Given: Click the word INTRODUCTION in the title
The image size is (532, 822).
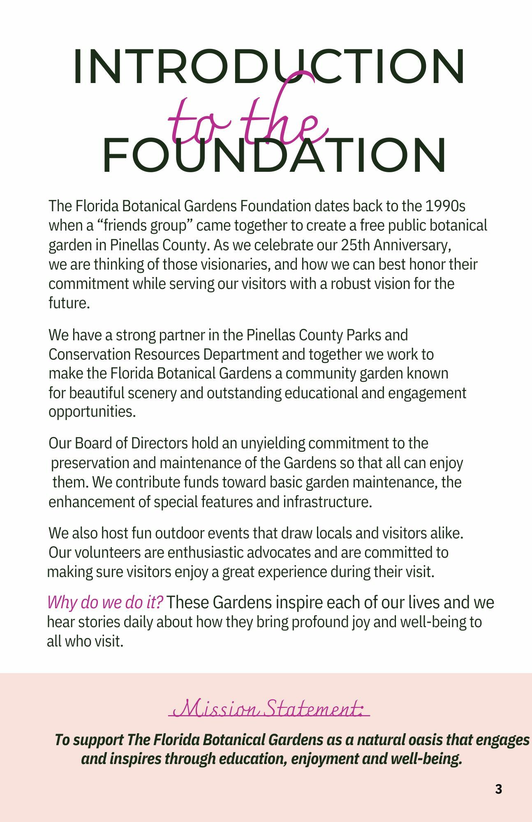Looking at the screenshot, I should coord(269,67).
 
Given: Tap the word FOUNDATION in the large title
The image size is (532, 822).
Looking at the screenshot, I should coord(274,155).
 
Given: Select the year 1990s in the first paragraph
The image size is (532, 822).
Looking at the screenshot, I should coord(445,206).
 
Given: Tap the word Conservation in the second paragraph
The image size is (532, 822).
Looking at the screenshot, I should coord(89,354).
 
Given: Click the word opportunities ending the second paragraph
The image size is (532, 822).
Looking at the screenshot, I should coord(92,412).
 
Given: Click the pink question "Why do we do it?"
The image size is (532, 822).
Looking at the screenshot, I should coord(105,603).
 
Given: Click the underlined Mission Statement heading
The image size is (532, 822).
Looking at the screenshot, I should coord(269,708).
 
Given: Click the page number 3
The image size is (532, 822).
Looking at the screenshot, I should coord(498,789).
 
